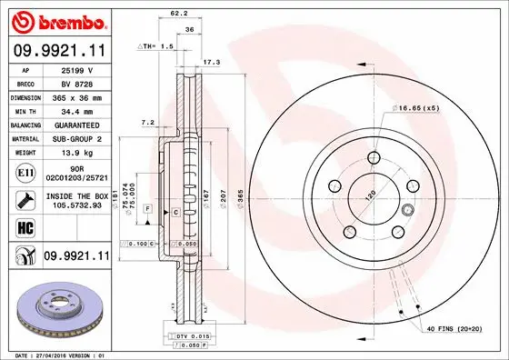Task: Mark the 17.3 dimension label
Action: point(211,63)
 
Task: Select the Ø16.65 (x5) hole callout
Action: point(417,107)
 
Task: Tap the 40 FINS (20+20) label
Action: point(454,327)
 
